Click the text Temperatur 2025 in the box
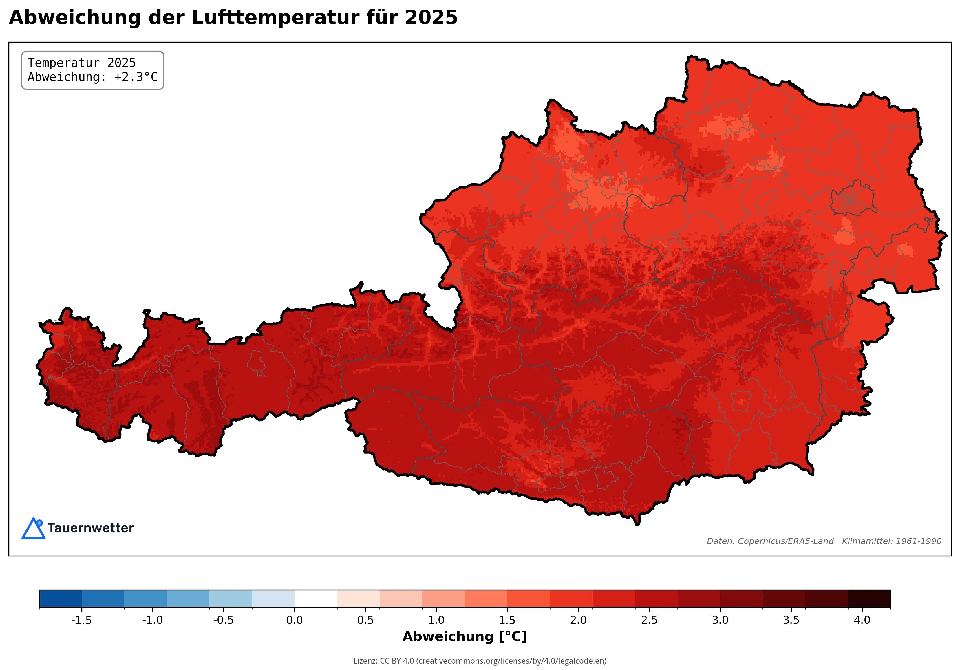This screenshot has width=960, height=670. tap(82, 63)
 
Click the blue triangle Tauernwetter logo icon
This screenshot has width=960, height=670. tap(33, 529)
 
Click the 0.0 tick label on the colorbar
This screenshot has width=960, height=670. tap(294, 620)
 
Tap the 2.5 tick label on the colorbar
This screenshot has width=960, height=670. tap(649, 620)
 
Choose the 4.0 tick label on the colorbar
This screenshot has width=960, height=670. tap(862, 620)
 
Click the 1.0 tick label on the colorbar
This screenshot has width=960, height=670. tap(436, 620)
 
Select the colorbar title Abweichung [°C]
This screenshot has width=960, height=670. tap(465, 637)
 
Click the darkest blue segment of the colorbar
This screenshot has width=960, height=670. tap(60, 598)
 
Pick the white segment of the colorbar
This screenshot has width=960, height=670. tap(316, 598)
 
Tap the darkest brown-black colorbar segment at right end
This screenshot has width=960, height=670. tap(869, 598)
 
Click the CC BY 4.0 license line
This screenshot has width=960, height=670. tap(480, 661)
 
